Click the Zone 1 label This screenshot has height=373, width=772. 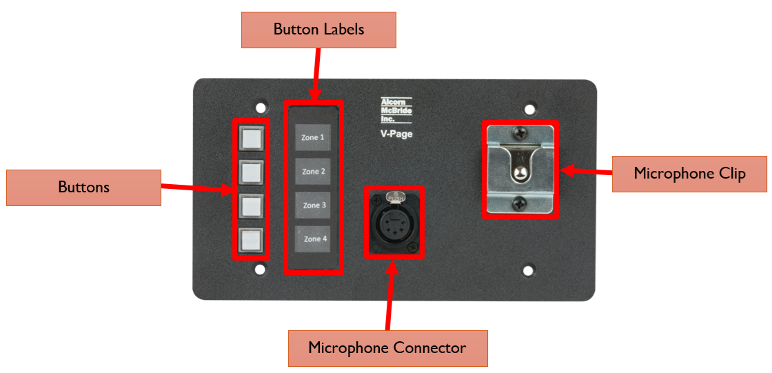[x=313, y=137]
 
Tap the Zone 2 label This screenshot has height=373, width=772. [x=313, y=171]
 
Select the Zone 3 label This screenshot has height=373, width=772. [x=313, y=205]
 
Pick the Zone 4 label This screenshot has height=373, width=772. [x=313, y=239]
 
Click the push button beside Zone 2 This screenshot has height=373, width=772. [x=251, y=172]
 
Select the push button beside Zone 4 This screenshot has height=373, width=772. [x=251, y=241]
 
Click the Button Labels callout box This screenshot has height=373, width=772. [x=318, y=30]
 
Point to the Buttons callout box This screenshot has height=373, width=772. [x=83, y=188]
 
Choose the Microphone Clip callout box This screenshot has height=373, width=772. [x=689, y=173]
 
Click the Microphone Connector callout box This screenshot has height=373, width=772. [x=387, y=348]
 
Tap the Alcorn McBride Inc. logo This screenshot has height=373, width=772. [x=396, y=110]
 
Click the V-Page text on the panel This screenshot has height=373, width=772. [x=396, y=134]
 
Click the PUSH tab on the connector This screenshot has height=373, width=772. [x=395, y=198]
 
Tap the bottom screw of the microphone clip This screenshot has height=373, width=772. [x=520, y=203]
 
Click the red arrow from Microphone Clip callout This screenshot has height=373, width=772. [x=586, y=169]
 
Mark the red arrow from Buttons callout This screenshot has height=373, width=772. [x=196, y=188]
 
